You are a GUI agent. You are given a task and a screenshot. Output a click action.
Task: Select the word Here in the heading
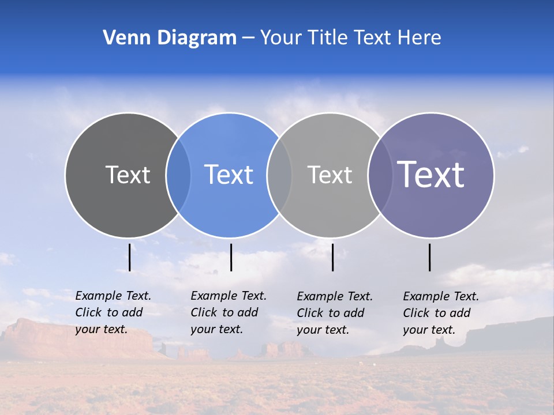(419, 38)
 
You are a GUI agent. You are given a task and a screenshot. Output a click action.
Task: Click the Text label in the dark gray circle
(128, 175)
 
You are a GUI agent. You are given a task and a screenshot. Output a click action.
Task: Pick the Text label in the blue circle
(229, 175)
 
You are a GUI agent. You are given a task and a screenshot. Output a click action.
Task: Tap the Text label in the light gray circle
(330, 175)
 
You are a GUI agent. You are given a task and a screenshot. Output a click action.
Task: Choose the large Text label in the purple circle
(431, 175)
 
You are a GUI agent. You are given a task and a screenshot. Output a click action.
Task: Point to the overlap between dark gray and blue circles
(179, 175)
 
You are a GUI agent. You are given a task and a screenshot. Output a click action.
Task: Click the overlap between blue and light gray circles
(280, 175)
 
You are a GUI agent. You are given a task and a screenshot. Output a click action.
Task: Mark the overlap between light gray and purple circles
(380, 175)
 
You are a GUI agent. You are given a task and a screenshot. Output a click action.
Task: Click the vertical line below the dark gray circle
(130, 257)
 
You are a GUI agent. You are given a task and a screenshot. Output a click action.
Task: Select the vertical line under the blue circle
(231, 257)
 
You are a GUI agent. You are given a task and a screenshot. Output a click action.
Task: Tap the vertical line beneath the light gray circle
(333, 257)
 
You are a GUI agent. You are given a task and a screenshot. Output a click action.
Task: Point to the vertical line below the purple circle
(430, 257)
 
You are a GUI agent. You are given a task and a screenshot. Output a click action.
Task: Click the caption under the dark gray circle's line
(113, 312)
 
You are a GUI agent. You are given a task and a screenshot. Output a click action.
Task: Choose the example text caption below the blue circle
(228, 312)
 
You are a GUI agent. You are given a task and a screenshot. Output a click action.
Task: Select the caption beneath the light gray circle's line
(334, 313)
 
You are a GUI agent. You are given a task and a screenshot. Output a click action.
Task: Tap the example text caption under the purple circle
(440, 313)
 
